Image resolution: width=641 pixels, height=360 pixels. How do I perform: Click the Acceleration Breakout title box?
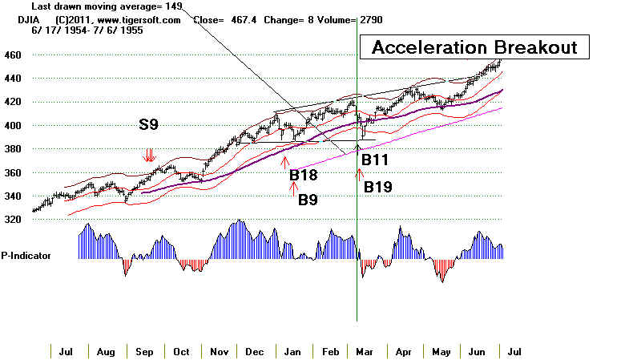click(475, 47)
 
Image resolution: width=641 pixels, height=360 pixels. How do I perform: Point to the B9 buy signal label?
click(311, 199)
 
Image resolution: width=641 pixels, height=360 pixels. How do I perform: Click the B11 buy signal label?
click(375, 160)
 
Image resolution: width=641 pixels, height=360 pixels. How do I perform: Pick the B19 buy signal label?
click(378, 188)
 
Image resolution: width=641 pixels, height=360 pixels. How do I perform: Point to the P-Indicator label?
click(27, 255)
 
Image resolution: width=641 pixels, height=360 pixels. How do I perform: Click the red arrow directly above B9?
click(292, 187)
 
